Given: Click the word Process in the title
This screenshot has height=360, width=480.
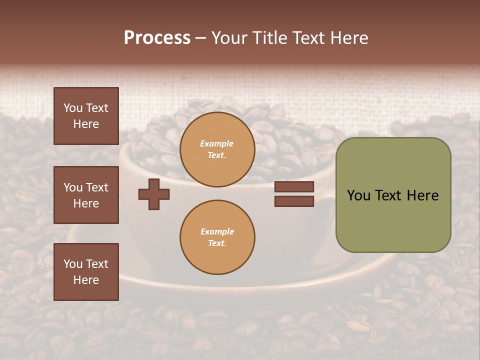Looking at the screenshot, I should coord(157,38).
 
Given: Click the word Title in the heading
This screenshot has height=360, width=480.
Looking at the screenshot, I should coord(270,38).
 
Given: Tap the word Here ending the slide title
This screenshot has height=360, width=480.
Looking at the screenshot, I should coord(348,38).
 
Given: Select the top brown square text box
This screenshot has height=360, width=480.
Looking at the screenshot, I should coord(86,116).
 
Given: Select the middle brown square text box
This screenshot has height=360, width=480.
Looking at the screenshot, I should coord(86,195).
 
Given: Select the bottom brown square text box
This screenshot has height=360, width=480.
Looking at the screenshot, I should coord(86,271).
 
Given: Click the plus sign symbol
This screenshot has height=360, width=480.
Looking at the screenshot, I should coord(154,194).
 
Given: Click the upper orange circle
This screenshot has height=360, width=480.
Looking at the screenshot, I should coord(217,149).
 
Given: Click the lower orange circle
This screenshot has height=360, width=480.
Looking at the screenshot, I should coord(217,237).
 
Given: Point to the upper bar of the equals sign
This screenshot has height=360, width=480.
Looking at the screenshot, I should coord(294,186).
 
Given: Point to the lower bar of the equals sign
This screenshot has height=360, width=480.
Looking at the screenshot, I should coord(294,201).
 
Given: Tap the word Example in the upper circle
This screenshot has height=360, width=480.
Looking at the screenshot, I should coord(217,143).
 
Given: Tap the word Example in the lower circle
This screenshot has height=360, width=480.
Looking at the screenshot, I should coord(217,231).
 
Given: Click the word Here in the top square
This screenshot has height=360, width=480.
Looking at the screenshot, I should coord(86,124).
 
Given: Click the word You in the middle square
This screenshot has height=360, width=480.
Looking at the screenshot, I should coord(72,187).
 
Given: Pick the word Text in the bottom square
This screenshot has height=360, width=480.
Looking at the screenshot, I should coord(96,264).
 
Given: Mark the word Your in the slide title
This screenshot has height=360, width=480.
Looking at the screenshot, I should coord(229,38).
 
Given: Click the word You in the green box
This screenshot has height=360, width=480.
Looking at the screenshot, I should coord(358,195).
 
